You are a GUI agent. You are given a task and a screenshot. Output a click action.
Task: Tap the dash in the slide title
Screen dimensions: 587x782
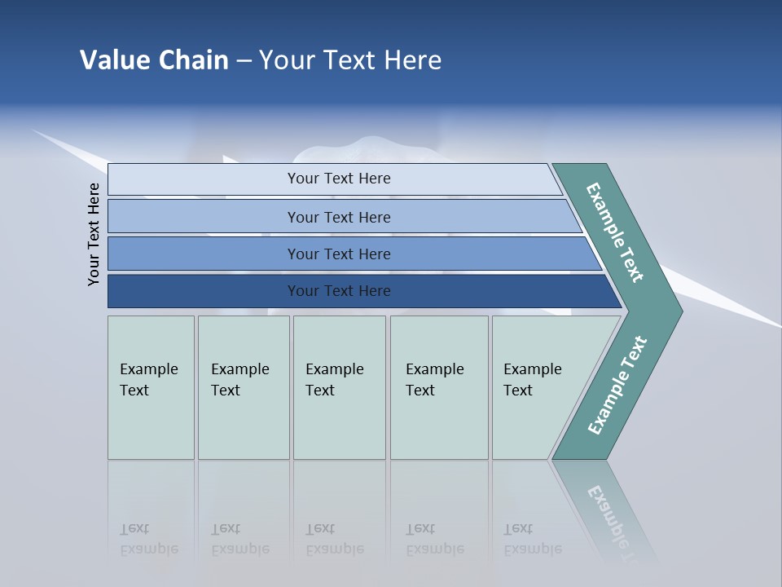coord(244,61)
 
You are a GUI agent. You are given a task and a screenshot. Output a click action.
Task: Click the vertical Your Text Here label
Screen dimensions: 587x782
coord(94,234)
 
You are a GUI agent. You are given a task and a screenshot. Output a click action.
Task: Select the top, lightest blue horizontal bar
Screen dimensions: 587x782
coord(338,179)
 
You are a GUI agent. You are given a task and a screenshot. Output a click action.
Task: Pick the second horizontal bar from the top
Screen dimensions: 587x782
coord(338,217)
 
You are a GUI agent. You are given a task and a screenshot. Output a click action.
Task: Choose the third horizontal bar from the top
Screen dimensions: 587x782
coord(338,254)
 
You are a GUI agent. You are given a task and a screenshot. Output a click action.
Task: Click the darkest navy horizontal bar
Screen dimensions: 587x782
coord(338,291)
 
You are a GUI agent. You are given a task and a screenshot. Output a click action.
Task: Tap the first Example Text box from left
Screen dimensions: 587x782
coord(151,387)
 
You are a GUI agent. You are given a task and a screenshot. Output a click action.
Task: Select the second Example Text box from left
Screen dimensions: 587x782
coord(243,387)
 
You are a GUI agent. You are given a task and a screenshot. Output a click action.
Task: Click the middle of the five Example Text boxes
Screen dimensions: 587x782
coord(338,387)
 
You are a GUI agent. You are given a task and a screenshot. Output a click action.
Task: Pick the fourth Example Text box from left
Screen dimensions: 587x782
coord(438,387)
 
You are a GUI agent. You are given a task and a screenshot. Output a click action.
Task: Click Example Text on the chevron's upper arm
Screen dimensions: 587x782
coord(616,232)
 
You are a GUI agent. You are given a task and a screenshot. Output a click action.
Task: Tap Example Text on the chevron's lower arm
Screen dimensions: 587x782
coord(617,386)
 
